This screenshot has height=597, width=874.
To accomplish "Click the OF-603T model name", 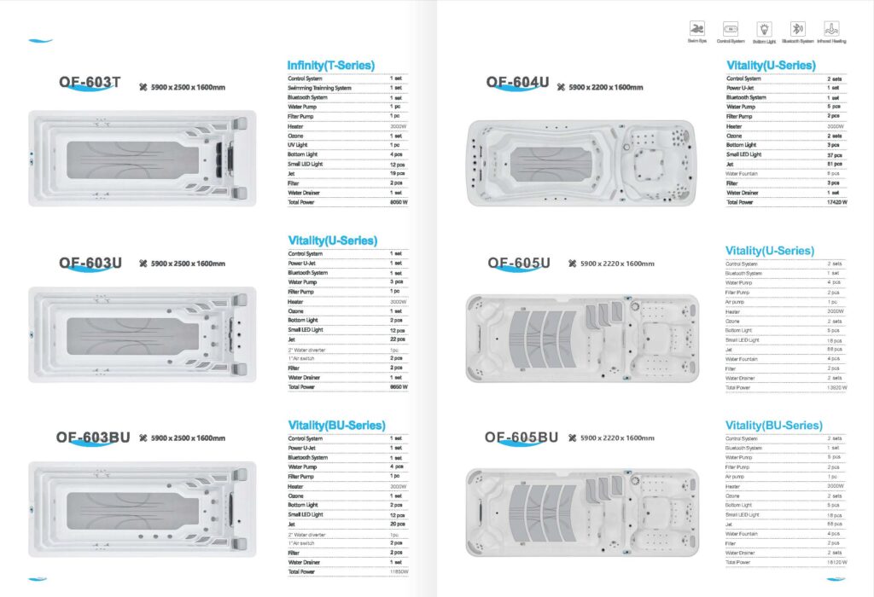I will pyautogui.click(x=90, y=83).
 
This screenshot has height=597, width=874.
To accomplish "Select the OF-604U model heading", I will pyautogui.click(x=517, y=82).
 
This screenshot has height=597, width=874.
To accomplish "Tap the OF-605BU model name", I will pyautogui.click(x=521, y=438).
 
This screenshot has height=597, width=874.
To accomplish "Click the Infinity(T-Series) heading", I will pyautogui.click(x=330, y=66).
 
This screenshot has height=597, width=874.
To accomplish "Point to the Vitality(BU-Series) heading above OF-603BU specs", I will pyautogui.click(x=336, y=425).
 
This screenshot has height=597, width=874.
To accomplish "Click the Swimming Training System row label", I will pyautogui.click(x=319, y=88).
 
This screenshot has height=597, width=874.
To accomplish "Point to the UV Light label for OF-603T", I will pyautogui.click(x=300, y=144).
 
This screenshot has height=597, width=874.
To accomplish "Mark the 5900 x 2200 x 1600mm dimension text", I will pyautogui.click(x=606, y=87).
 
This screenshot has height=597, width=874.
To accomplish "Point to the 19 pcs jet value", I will pyautogui.click(x=397, y=172).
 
